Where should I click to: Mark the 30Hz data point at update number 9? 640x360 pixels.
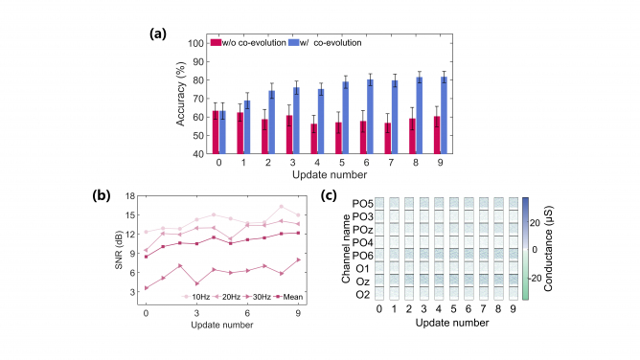coord(298,260)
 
